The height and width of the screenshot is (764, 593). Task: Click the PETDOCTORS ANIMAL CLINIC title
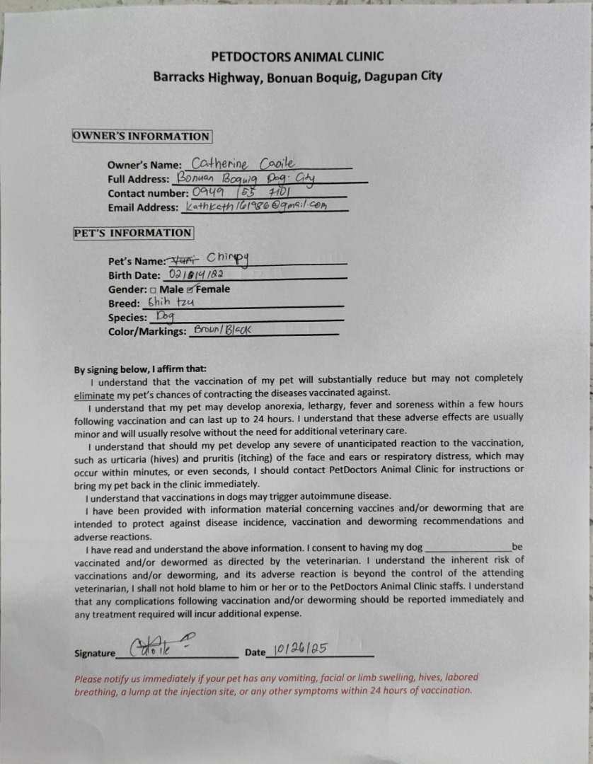297,57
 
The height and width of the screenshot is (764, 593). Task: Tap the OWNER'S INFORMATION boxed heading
142,137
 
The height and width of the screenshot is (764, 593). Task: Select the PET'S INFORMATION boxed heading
133,233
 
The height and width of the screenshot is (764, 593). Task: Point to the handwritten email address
256,206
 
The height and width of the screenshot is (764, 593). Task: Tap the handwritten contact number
242,192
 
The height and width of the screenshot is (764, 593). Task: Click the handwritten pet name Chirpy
228,259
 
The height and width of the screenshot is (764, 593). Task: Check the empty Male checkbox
154,290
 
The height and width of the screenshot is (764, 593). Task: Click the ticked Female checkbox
190,289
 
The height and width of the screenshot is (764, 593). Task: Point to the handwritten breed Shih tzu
166,302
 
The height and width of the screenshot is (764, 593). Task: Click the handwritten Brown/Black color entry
222,330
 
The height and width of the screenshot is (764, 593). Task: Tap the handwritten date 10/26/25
301,649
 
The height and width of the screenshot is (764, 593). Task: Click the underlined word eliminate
94,393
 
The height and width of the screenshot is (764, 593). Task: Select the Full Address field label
138,179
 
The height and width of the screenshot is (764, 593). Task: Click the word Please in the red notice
89,678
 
